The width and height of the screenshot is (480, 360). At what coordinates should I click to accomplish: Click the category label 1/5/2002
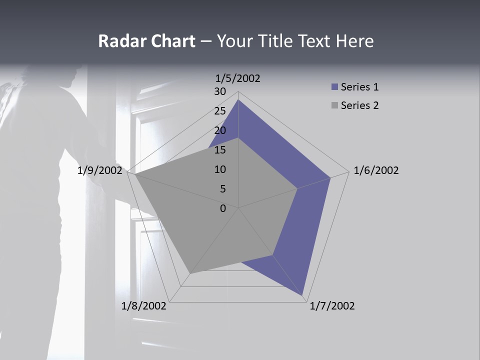238,78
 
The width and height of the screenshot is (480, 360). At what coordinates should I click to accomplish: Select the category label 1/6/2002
376,170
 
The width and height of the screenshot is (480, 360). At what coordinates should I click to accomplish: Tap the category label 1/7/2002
332,306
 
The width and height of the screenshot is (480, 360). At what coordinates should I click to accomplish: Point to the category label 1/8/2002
144,306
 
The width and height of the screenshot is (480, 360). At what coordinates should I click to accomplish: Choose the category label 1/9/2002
100,170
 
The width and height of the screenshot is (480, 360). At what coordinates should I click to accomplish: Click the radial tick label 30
220,91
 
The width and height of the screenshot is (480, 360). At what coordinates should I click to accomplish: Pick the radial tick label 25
220,111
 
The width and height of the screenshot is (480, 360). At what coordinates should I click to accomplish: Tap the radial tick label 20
220,130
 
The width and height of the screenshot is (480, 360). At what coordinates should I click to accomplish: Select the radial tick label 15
220,150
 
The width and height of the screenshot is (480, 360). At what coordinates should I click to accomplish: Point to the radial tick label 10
220,169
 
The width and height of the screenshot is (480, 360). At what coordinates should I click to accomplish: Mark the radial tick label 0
223,208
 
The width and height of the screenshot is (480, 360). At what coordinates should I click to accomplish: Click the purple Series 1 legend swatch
335,87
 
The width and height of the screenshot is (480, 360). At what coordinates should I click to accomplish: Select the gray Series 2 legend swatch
335,105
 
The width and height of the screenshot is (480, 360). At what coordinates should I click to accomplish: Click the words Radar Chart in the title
146,41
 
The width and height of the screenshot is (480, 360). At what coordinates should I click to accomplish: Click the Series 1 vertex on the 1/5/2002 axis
238,100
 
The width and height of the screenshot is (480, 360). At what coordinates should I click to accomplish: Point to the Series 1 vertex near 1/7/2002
302,295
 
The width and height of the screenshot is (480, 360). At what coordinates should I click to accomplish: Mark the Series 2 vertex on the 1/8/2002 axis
190,273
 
